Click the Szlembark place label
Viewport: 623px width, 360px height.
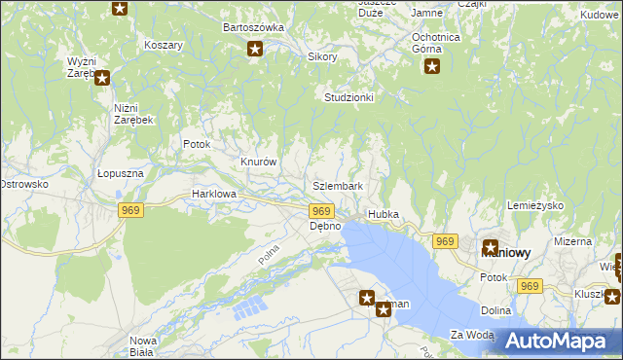click(338, 186)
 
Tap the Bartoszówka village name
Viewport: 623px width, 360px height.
click(253, 28)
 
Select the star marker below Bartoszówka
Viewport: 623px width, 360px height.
click(255, 50)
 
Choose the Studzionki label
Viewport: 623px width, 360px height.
click(349, 98)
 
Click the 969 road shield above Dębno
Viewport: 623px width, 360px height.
click(322, 211)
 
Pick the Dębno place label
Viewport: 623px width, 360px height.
click(325, 226)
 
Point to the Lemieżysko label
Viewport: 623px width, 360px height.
click(536, 206)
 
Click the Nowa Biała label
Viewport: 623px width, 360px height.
click(143, 346)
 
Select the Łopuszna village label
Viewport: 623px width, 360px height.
click(121, 173)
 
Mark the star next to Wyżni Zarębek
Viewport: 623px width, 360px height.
click(101, 78)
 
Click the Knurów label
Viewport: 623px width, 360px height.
click(260, 162)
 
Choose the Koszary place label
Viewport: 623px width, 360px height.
click(164, 46)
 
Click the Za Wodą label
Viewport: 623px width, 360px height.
click(472, 335)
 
